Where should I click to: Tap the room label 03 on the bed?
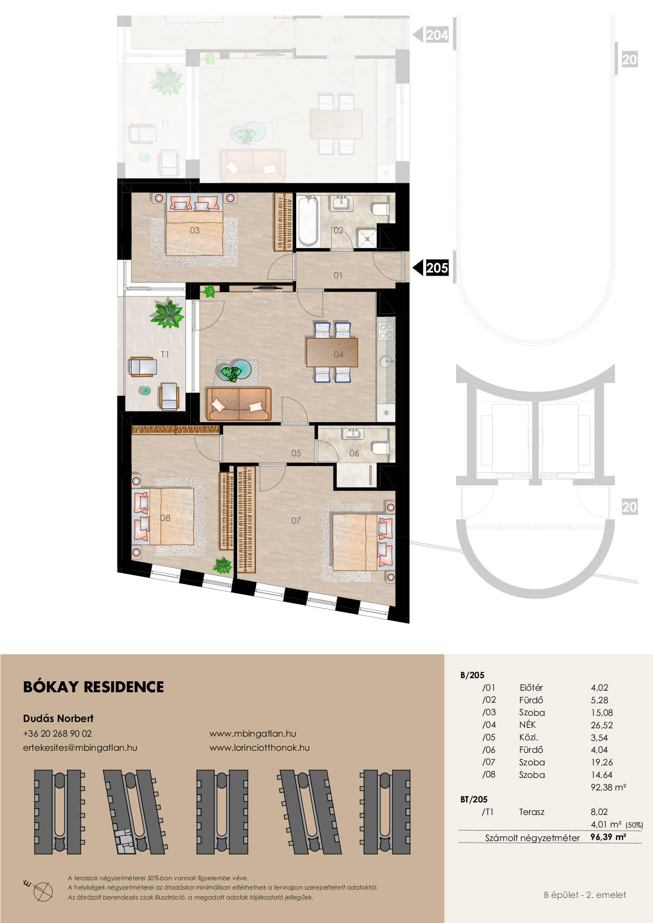tap(195, 230)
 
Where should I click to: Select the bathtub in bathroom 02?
tap(308, 221)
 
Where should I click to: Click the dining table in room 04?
tap(332, 352)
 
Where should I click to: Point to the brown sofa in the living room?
tap(239, 404)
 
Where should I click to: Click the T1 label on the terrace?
tap(165, 354)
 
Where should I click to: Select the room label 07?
tap(296, 520)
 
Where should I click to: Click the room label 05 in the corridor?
tap(296, 453)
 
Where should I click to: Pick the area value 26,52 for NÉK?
tap(602, 725)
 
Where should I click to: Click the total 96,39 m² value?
tap(608, 837)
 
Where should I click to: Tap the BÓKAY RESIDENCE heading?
tap(94, 687)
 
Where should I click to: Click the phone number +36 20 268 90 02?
tap(57, 733)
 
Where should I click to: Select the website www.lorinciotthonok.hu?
tap(260, 748)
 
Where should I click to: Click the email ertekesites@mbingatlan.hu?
tap(80, 748)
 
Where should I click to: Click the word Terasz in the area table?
tap(532, 812)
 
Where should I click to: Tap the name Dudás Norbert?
tap(58, 718)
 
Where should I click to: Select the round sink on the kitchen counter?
tap(386, 361)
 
